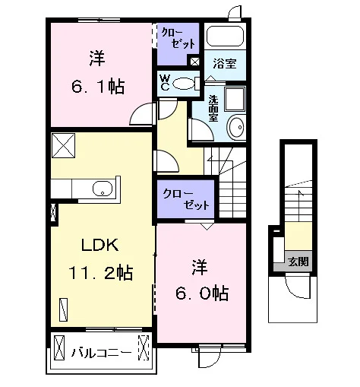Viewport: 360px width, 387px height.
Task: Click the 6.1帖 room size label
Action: (x=98, y=87)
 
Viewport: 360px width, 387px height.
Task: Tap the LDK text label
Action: (x=99, y=245)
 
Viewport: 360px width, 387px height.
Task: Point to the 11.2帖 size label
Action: (x=100, y=273)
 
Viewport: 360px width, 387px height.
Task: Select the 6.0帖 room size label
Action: (x=202, y=293)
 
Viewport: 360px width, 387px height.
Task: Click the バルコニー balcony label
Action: (x=101, y=353)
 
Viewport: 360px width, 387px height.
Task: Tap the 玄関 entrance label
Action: (x=298, y=262)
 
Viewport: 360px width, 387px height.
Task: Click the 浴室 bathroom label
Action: (x=225, y=64)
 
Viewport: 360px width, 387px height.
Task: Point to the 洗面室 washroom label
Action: (x=213, y=109)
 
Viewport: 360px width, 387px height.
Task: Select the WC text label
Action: (x=165, y=83)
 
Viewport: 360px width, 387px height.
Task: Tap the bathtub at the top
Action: (x=225, y=36)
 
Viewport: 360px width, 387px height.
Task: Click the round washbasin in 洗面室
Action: (x=237, y=127)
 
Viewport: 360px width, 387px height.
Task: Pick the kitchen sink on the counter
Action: (x=103, y=189)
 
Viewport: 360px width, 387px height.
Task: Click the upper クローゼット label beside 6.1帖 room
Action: (x=178, y=39)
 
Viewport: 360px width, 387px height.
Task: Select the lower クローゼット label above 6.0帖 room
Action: (x=186, y=199)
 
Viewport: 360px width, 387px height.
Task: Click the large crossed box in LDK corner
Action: (x=63, y=146)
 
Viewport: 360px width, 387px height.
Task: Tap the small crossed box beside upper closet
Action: (x=194, y=62)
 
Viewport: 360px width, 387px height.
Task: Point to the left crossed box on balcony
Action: (x=59, y=347)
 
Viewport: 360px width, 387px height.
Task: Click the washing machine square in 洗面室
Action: (x=235, y=100)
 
